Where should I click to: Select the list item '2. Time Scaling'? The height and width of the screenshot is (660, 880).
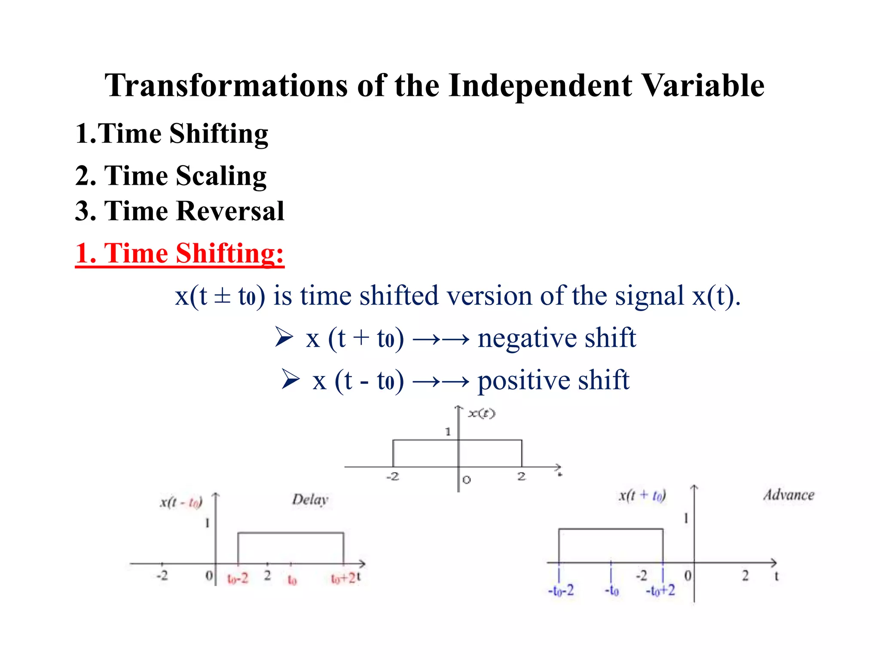(x=171, y=176)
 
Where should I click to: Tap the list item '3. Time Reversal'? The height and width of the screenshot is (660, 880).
(x=179, y=211)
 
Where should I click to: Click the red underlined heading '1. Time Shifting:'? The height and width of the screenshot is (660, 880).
(x=179, y=254)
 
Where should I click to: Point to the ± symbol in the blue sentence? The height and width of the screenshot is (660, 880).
(x=222, y=296)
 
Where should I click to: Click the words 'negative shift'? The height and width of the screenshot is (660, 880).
(x=556, y=338)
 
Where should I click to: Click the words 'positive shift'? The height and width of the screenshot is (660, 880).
(x=553, y=381)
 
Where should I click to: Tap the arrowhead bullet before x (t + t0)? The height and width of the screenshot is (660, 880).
(x=284, y=337)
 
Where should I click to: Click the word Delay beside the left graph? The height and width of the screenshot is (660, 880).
(x=310, y=500)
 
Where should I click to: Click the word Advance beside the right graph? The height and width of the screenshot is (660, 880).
(x=788, y=495)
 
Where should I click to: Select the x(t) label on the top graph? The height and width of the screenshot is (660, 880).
(x=481, y=414)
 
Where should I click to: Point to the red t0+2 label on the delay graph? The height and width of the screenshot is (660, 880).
(x=343, y=579)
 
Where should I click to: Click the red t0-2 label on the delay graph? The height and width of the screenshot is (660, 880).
(x=238, y=579)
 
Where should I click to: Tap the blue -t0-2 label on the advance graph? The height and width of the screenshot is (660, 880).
(x=561, y=591)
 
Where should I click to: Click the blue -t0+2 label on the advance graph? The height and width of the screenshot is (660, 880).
(x=660, y=591)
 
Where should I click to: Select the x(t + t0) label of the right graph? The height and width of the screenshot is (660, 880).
(x=642, y=496)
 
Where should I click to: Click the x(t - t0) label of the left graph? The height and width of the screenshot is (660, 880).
(x=181, y=502)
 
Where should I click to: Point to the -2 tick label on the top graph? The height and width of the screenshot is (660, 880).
(x=392, y=477)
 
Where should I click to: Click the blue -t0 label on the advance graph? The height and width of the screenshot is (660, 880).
(x=611, y=591)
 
